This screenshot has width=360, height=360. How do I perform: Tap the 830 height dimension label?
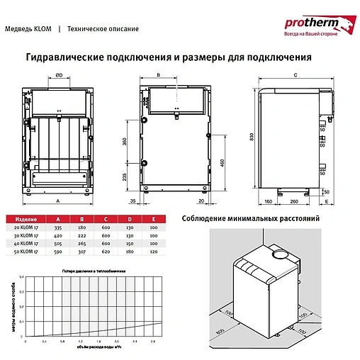252,137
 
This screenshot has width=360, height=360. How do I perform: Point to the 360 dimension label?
125,142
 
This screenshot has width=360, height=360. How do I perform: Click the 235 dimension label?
125,176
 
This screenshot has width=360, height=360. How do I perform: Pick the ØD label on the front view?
59,74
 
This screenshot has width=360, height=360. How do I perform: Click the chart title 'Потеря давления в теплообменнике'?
88,271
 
